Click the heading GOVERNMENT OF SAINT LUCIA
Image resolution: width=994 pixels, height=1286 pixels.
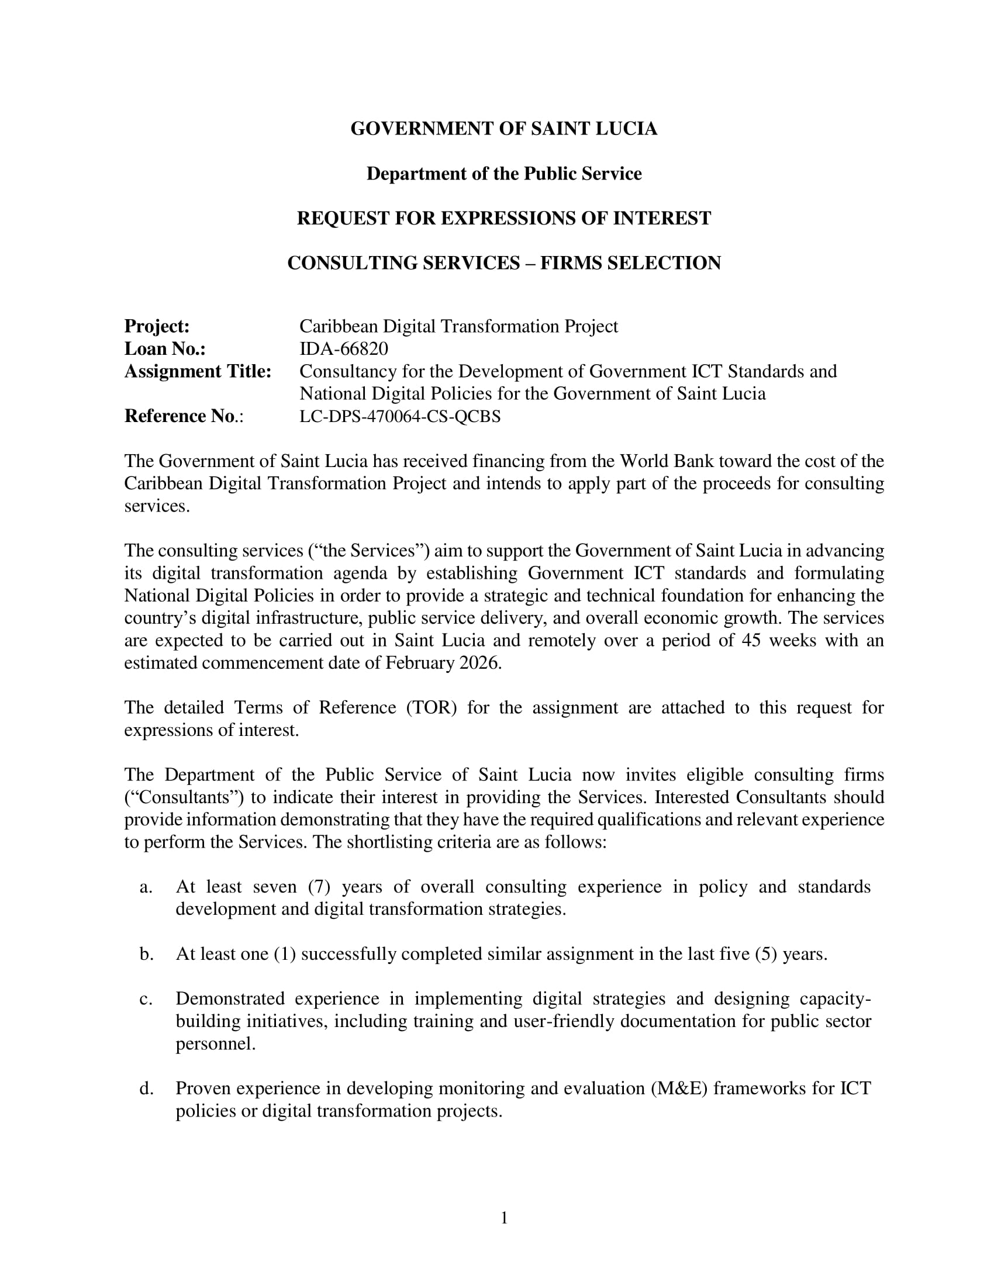[503, 129]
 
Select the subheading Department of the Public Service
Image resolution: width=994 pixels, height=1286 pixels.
[503, 174]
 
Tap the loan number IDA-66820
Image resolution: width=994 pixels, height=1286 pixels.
[344, 348]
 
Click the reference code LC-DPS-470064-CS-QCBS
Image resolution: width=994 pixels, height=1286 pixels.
[400, 416]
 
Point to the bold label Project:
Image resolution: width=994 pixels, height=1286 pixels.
[157, 326]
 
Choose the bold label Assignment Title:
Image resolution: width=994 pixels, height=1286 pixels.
[197, 372]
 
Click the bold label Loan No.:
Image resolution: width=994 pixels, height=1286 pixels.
[165, 348]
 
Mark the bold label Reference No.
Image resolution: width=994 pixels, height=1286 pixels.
[180, 416]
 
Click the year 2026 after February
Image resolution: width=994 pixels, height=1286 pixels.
[480, 663]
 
